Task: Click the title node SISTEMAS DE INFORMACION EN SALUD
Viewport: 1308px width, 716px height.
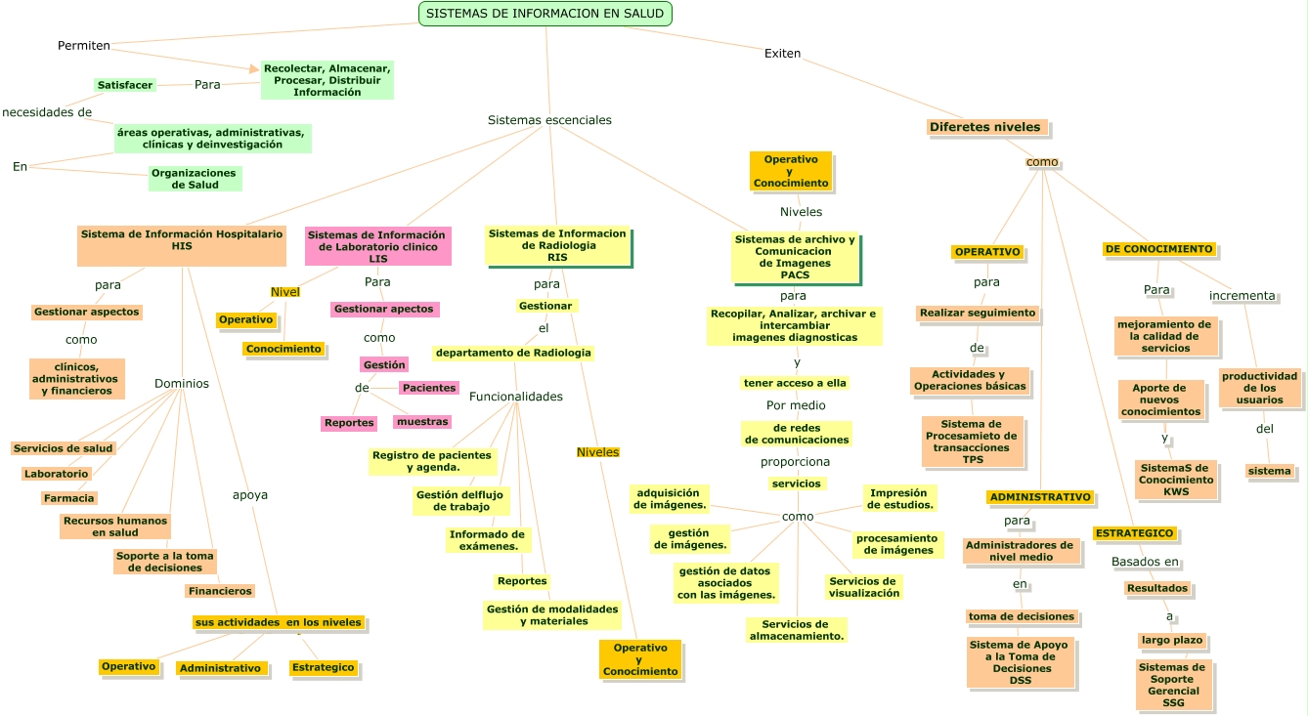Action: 545,14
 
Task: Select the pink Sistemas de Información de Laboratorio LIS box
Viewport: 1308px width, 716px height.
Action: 377,246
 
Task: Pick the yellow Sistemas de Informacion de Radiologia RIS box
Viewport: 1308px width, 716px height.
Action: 557,245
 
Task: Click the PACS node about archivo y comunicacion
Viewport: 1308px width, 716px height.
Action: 795,257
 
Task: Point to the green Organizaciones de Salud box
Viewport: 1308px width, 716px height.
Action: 195,179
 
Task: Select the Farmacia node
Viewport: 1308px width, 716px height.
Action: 68,498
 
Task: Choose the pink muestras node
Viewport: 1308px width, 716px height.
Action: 422,422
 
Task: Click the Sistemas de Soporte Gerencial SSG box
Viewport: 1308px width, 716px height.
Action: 1173,685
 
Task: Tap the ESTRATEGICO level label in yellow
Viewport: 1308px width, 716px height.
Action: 1134,533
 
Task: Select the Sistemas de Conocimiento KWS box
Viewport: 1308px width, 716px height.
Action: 1176,480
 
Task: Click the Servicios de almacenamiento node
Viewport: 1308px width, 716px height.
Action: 796,630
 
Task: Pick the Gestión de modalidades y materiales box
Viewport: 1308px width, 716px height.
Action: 552,614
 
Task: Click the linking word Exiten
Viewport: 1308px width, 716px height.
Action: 782,53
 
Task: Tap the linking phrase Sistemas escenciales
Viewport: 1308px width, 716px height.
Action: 549,120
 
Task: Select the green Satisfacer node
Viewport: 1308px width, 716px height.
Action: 125,85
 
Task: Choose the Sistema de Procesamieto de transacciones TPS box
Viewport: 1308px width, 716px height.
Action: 972,442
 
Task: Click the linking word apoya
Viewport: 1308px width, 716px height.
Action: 249,495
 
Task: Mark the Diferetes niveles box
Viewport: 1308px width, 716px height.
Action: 985,127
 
